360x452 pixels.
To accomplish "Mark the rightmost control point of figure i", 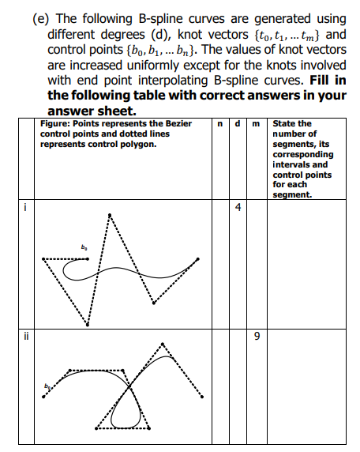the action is click(197, 258).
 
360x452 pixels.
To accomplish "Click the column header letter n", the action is click(218, 123).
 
